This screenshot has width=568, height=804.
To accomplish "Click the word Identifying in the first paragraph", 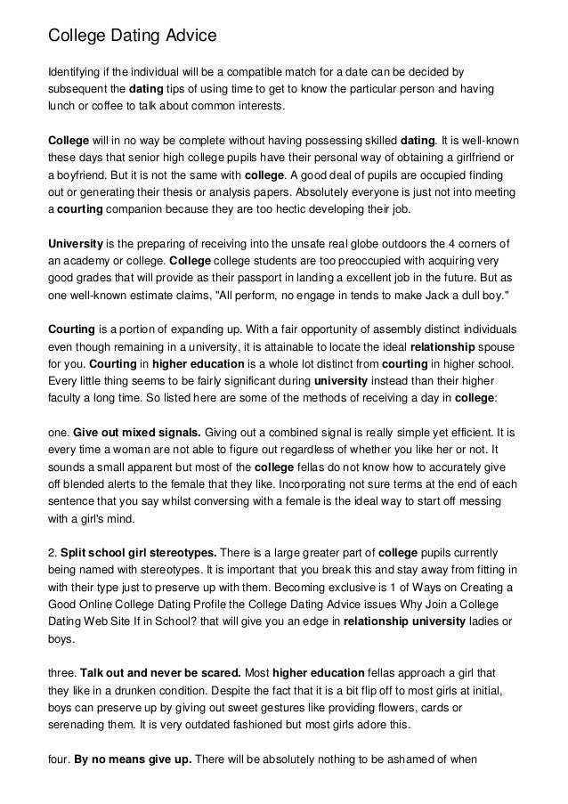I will [76, 71].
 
